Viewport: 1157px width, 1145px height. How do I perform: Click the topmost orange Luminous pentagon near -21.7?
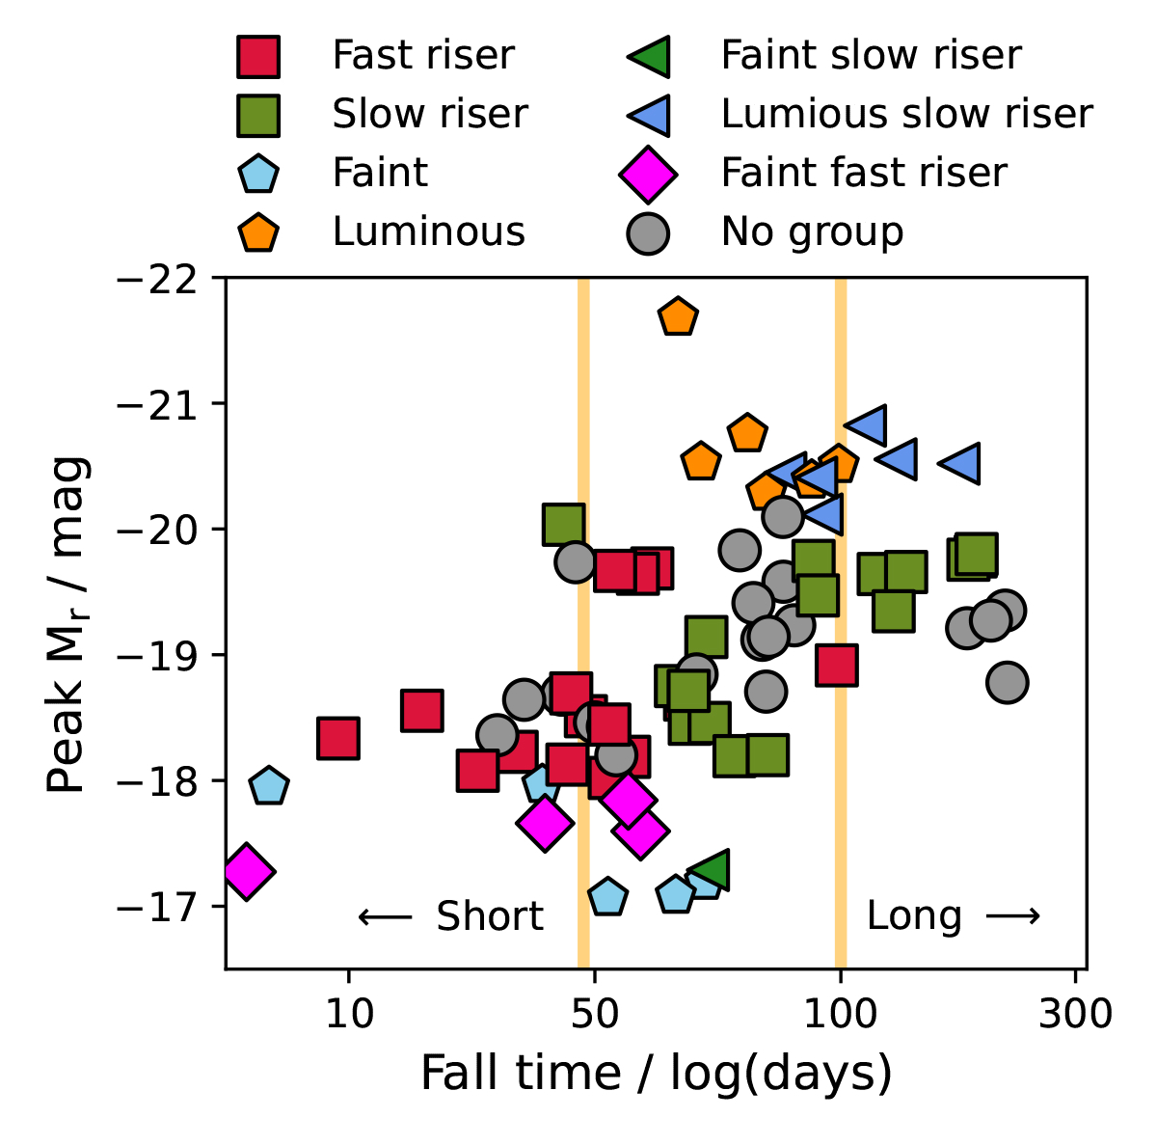pyautogui.click(x=678, y=316)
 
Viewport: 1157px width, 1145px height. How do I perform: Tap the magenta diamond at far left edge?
pyautogui.click(x=247, y=870)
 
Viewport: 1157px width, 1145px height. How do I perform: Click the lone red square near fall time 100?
pyautogui.click(x=836, y=665)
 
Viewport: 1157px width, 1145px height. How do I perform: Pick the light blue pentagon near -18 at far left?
pyautogui.click(x=269, y=786)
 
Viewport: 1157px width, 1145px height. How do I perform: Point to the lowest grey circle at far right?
pyautogui.click(x=1007, y=682)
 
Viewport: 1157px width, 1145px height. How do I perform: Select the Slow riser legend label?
pyautogui.click(x=429, y=114)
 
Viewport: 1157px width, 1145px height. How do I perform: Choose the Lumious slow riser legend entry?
pyautogui.click(x=905, y=114)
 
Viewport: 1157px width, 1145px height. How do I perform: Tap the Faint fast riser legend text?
pyautogui.click(x=863, y=173)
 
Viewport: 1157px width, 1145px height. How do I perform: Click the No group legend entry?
pyautogui.click(x=812, y=232)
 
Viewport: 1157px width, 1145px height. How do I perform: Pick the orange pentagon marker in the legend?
pyautogui.click(x=258, y=232)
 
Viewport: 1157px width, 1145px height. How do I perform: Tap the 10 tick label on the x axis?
pyautogui.click(x=349, y=1014)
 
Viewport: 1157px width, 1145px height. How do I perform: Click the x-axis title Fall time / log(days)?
pyautogui.click(x=656, y=1074)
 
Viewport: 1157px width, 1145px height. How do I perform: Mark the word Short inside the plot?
pyautogui.click(x=489, y=916)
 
